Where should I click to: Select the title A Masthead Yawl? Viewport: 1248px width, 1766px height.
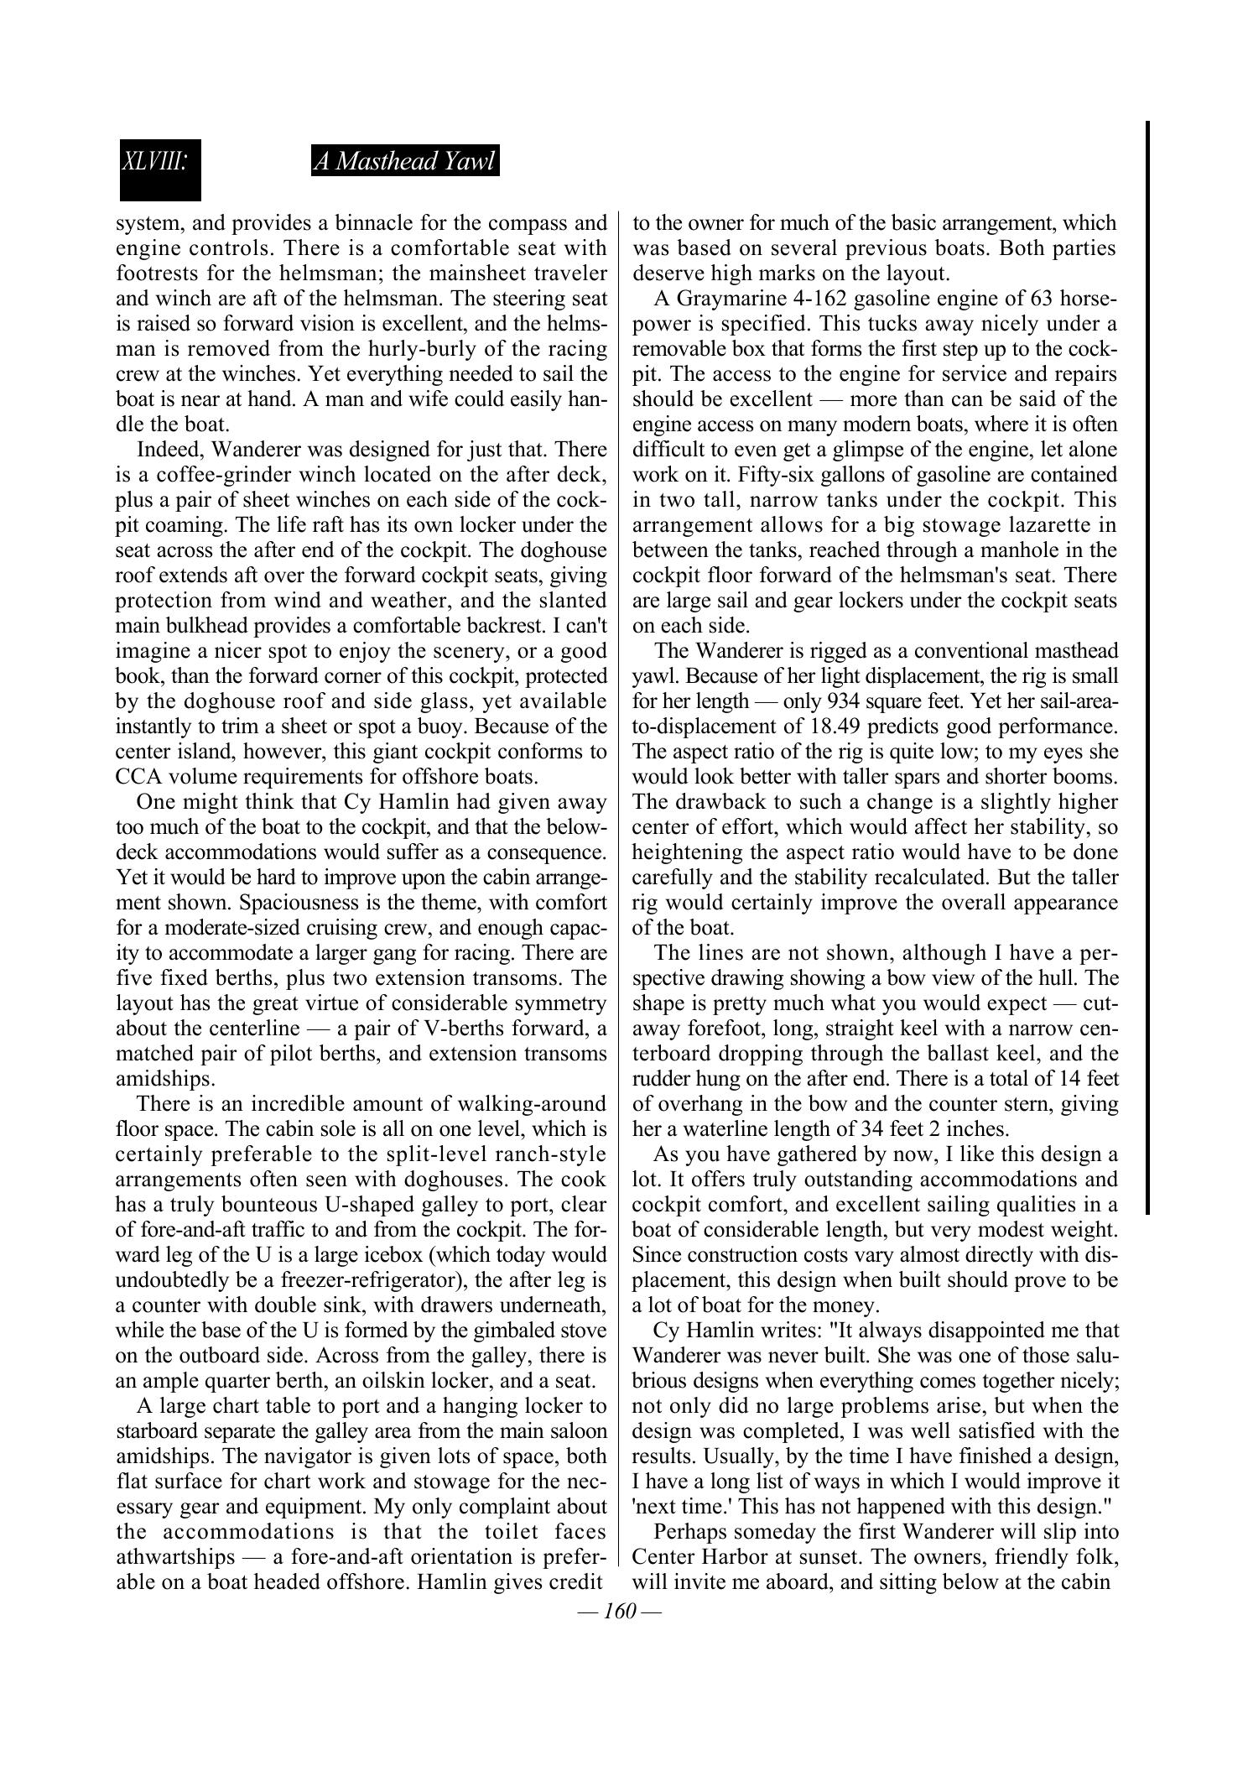click(x=405, y=161)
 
